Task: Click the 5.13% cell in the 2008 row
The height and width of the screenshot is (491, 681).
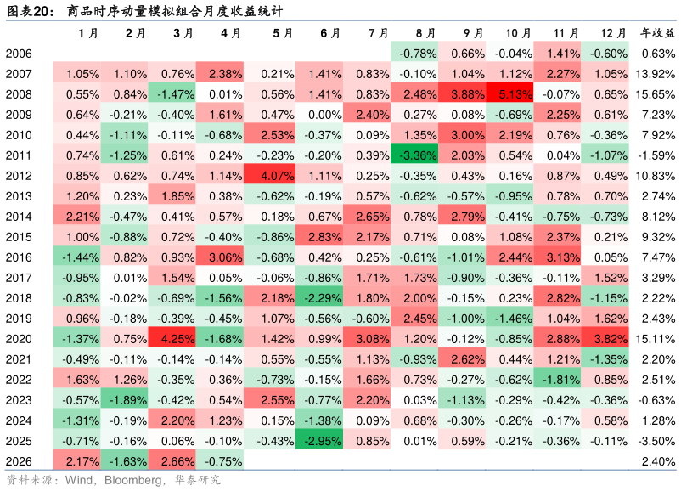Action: click(x=509, y=94)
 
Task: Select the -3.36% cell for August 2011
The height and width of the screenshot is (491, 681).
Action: click(x=414, y=155)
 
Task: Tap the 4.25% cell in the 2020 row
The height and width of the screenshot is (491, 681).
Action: click(x=172, y=339)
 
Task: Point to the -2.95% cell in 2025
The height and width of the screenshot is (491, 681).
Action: click(x=318, y=441)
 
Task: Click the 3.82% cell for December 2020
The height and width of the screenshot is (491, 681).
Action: click(x=605, y=339)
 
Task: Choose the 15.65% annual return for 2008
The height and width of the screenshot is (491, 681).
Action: click(x=656, y=94)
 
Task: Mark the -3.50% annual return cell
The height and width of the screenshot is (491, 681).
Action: click(x=656, y=441)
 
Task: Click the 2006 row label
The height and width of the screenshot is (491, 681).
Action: click(x=19, y=54)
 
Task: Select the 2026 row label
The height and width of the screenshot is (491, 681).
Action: click(x=19, y=461)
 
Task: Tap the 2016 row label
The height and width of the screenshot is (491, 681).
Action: click(x=19, y=257)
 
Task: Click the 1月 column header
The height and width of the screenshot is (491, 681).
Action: click(x=88, y=33)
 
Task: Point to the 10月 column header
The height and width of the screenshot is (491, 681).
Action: click(x=518, y=33)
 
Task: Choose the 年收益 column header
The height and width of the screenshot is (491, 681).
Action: click(x=658, y=33)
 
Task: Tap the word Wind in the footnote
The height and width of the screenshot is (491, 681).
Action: click(x=79, y=480)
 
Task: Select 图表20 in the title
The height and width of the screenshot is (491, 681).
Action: click(x=28, y=11)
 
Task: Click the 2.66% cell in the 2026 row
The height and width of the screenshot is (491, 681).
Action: click(x=172, y=461)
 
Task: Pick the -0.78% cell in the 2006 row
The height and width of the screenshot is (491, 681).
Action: click(x=414, y=54)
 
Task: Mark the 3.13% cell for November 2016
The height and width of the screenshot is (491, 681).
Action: click(x=557, y=257)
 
